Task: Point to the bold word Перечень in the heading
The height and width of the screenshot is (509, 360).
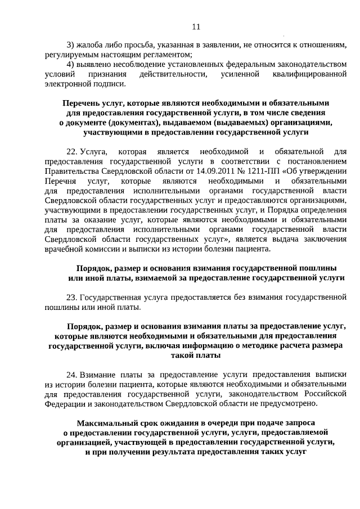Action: (x=80, y=103)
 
